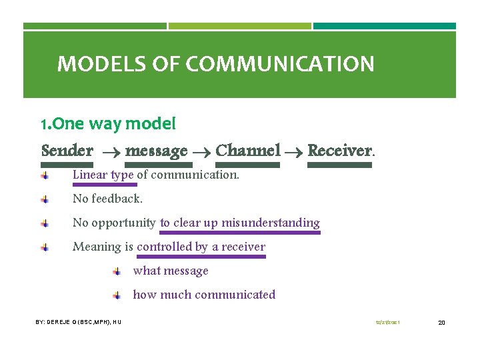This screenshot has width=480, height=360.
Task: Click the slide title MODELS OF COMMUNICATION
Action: (x=215, y=65)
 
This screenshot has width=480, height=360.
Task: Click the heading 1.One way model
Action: (x=108, y=124)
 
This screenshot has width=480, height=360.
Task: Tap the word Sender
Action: (x=67, y=151)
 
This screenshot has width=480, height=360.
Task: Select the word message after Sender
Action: (x=156, y=151)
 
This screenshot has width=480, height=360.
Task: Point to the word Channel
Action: (x=248, y=151)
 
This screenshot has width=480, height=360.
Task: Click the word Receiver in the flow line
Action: (x=339, y=151)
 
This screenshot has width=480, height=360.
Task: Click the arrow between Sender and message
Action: (x=109, y=152)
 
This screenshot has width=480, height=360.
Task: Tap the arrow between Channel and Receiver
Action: (x=294, y=152)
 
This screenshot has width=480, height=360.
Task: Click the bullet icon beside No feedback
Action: (x=43, y=199)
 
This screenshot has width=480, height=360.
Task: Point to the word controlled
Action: (x=164, y=247)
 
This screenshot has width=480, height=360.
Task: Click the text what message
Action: (x=171, y=271)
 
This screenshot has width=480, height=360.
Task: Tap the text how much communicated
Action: (x=204, y=295)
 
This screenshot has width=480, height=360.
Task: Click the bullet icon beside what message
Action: (x=116, y=271)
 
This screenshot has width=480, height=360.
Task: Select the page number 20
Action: (x=441, y=323)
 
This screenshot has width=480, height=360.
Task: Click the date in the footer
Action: (x=388, y=323)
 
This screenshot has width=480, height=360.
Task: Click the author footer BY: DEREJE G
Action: (x=78, y=322)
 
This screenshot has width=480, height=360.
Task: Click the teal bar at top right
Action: (x=385, y=26)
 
